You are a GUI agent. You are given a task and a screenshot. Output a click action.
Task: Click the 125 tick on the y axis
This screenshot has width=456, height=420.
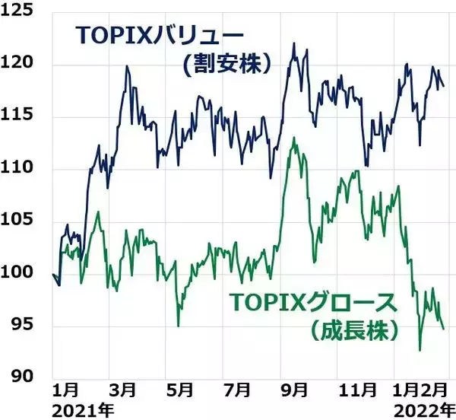(24, 12)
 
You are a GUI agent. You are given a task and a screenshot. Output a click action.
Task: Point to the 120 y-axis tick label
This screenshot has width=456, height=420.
(24, 65)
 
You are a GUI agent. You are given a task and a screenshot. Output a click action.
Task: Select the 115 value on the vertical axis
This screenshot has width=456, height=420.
(24, 117)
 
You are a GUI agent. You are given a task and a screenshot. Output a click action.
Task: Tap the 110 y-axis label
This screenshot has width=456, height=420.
(24, 169)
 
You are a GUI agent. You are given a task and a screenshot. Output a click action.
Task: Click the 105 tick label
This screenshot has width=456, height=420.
(24, 221)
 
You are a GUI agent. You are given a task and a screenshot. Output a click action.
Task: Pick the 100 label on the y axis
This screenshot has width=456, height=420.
(24, 273)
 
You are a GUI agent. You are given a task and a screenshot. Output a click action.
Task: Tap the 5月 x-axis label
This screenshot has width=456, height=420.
(179, 390)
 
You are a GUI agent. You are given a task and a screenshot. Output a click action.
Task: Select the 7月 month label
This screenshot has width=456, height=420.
(236, 390)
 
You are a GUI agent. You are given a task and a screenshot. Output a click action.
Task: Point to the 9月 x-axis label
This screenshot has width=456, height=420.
(293, 390)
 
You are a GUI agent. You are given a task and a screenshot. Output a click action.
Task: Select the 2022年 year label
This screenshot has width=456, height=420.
(418, 409)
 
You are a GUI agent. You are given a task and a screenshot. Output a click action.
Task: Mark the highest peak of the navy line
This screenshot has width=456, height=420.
(293, 43)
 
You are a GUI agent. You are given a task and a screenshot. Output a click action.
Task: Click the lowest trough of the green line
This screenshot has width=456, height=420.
(420, 351)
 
